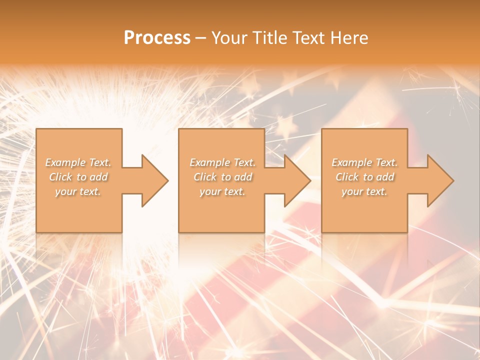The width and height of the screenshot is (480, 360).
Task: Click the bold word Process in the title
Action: coord(157,37)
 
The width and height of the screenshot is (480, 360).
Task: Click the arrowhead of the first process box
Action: coord(152,180)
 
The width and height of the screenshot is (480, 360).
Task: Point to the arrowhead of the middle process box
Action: coord(295,180)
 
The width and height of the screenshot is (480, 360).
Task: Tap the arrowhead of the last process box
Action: coord(438,180)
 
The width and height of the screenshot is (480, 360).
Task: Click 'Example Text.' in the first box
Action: coord(78,162)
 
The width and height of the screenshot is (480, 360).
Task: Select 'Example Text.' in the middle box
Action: coord(222,162)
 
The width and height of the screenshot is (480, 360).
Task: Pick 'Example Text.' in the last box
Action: coord(364,162)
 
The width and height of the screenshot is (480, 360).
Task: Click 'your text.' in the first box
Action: coord(78,191)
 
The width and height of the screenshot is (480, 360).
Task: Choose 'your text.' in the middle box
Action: coord(222,191)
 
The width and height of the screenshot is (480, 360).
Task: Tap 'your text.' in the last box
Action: coord(364,191)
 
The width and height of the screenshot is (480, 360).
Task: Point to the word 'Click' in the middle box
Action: coord(205,177)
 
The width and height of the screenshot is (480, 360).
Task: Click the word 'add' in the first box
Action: coord(99,177)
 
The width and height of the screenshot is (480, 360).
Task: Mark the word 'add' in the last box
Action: coord(385,177)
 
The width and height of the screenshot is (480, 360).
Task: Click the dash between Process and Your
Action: coord(200,38)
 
